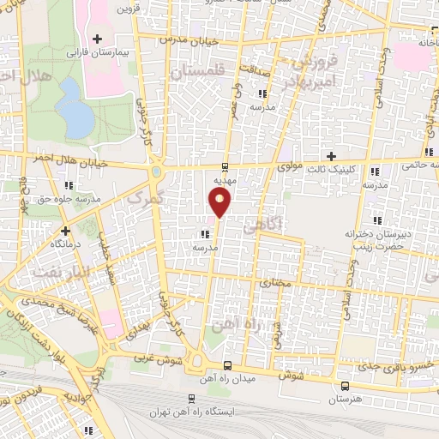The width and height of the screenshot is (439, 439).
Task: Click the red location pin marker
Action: (220, 203)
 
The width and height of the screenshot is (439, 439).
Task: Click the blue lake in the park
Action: (74, 111)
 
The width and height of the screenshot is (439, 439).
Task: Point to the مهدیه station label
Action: (225, 181)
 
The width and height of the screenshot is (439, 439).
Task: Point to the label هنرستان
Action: (346, 399)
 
